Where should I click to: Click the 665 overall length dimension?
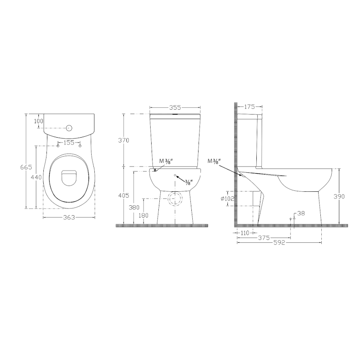(26, 167)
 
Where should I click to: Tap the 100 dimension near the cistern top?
(38, 121)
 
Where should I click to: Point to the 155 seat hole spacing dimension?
(69, 143)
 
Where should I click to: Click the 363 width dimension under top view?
(69, 218)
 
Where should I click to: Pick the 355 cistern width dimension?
(175, 107)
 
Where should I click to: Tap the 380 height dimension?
(134, 208)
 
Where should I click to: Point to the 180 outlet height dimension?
(143, 215)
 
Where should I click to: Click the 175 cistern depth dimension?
(250, 107)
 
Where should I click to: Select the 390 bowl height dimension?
(339, 196)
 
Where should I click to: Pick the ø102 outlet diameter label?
(227, 199)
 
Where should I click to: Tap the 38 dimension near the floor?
(301, 214)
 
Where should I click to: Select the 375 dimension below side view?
(264, 237)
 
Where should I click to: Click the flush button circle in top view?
(69, 128)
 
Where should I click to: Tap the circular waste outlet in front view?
(175, 199)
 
